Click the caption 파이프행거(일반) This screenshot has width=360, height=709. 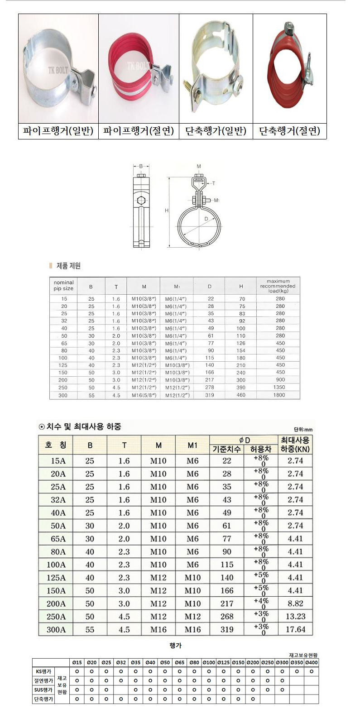(x=58, y=131)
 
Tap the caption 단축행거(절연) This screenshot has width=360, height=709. (x=290, y=131)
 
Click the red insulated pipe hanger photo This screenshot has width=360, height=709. (x=139, y=68)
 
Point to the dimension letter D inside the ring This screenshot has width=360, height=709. (x=206, y=219)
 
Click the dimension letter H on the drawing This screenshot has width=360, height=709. (x=167, y=211)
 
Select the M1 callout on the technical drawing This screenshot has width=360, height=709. (x=216, y=200)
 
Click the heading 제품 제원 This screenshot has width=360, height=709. (x=68, y=266)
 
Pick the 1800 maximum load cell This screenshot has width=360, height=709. (x=279, y=395)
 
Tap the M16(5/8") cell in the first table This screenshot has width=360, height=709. (x=144, y=395)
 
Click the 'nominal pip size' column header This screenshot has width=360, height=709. (x=63, y=286)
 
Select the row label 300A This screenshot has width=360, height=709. (x=56, y=629)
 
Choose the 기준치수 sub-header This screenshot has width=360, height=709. (x=227, y=449)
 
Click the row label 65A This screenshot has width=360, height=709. (x=56, y=538)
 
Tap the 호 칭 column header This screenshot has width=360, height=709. (x=56, y=445)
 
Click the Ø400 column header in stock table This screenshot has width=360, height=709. (x=311, y=662)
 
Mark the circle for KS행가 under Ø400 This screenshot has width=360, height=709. (x=311, y=671)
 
